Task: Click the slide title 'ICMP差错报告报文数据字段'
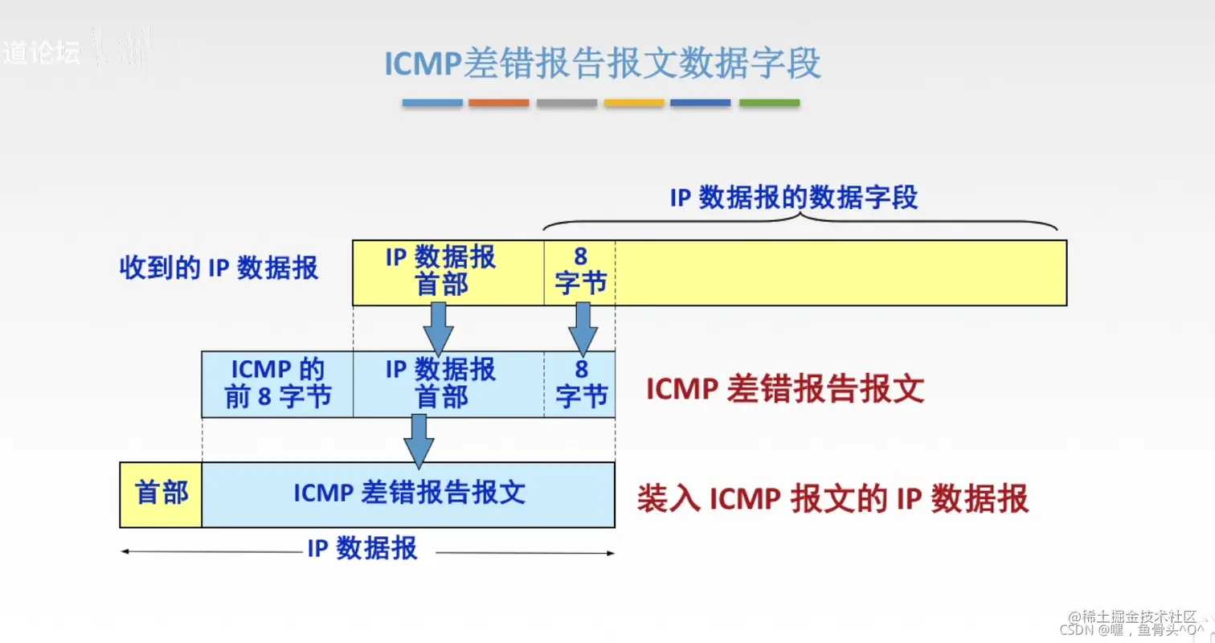coord(603,63)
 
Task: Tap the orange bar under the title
coord(498,103)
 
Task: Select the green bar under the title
coord(769,103)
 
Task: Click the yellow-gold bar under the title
coord(634,103)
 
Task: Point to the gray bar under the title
coord(567,103)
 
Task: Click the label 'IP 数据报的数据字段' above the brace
coord(793,198)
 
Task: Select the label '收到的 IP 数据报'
coord(219,268)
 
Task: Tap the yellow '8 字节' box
coord(580,272)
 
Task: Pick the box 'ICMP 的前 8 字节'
coord(277,383)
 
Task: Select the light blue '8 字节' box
coord(580,383)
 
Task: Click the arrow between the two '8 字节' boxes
coord(583,328)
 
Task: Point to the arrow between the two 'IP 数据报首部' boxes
coord(438,328)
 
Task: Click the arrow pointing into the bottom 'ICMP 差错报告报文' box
coord(418,440)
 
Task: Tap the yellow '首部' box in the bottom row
coord(161,494)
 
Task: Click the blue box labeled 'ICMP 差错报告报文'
coord(408,494)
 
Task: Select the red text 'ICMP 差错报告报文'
coord(785,390)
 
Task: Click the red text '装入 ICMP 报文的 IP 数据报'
coord(832,499)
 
